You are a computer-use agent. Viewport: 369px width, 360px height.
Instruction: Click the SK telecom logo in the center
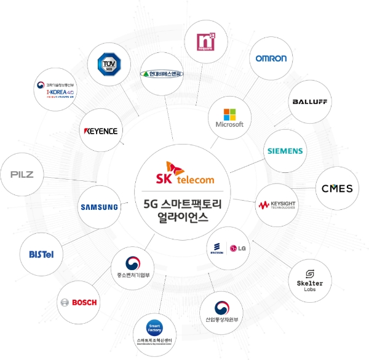click(184, 173)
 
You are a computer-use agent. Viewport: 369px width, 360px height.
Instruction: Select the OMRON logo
click(271, 58)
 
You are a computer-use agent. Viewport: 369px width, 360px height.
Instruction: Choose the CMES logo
click(337, 188)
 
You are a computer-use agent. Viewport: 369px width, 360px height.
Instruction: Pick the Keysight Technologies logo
click(277, 205)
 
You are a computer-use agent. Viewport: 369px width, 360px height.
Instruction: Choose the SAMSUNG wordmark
click(99, 207)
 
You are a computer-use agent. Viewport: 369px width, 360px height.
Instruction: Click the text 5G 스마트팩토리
click(184, 204)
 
